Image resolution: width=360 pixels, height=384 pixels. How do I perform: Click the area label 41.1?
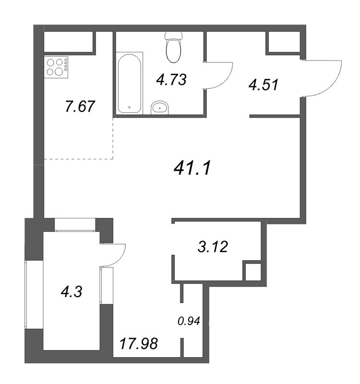point(191,168)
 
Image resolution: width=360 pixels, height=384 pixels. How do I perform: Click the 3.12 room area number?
point(212,247)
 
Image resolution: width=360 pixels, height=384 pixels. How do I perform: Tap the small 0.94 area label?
point(188,321)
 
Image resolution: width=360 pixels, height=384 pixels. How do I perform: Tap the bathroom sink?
point(159,108)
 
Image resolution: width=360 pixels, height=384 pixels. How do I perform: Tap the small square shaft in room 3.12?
point(252,272)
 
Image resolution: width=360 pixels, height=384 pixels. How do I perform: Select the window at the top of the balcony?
point(74,224)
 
